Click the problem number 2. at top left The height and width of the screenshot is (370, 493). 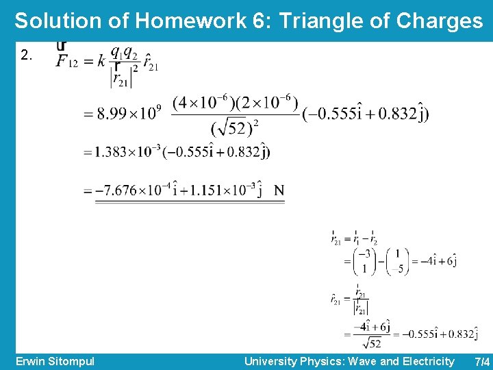tap(27, 56)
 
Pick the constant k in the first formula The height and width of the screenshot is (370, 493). tap(101, 60)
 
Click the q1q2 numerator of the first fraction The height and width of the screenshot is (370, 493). tap(125, 52)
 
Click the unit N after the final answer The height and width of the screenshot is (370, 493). tap(279, 190)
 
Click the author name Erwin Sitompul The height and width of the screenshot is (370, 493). tap(55, 361)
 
